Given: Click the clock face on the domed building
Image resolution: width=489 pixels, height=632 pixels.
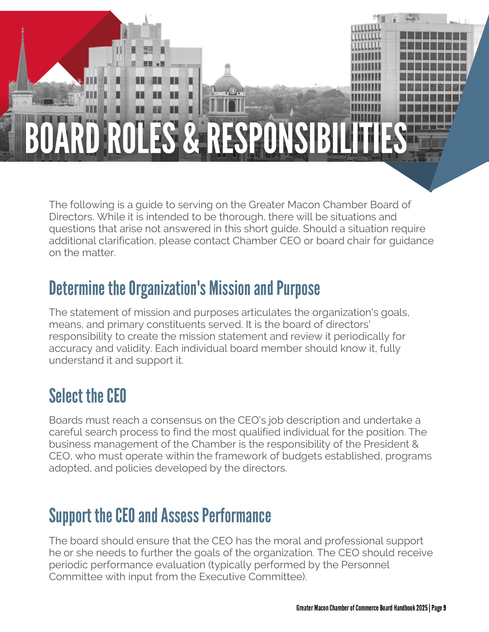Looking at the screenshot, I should click(232, 90).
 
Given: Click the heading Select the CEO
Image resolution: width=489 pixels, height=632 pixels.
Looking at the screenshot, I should click(87, 396).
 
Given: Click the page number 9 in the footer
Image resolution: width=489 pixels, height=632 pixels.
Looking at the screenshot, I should click(444, 608).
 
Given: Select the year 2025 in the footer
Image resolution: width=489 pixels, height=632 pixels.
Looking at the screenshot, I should click(422, 608).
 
